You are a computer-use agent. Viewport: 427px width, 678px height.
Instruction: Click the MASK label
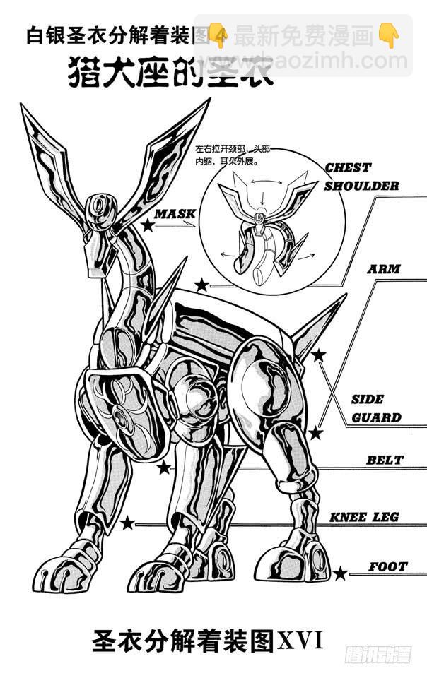tap(175, 213)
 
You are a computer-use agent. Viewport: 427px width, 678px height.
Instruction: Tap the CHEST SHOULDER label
tap(361, 177)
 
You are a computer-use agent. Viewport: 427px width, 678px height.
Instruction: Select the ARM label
tap(384, 269)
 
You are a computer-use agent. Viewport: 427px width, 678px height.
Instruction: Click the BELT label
tap(385, 460)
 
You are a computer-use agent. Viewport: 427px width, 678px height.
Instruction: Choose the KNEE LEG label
tap(364, 517)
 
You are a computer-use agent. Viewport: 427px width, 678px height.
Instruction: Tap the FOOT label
tap(388, 566)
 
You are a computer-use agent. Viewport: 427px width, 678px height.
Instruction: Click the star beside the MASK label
tap(147, 225)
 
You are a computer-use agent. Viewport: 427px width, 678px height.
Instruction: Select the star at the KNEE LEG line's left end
tap(127, 523)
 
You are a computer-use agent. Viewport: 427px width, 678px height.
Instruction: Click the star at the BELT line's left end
tap(164, 467)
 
